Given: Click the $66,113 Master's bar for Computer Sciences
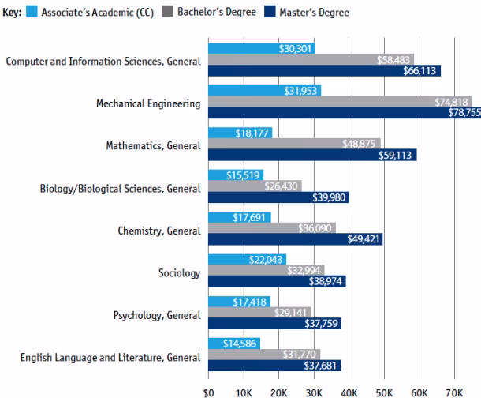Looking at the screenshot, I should pyautogui.click(x=324, y=71).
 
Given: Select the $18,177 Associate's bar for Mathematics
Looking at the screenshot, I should pyautogui.click(x=240, y=133).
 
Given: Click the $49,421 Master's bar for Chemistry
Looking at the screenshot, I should pyautogui.click(x=295, y=238).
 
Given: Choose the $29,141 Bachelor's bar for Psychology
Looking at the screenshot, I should pyautogui.click(x=259, y=313).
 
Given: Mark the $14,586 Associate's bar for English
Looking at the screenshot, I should pyautogui.click(x=233, y=344).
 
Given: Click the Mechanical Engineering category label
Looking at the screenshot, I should pyautogui.click(x=148, y=103).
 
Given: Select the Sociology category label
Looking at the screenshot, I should pyautogui.click(x=179, y=274).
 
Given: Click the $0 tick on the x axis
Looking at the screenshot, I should pyautogui.click(x=208, y=391).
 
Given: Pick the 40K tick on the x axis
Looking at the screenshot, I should pyautogui.click(x=349, y=391).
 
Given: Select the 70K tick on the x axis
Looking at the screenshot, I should pyautogui.click(x=453, y=391).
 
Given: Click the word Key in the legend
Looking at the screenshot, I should pyautogui.click(x=12, y=13).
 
